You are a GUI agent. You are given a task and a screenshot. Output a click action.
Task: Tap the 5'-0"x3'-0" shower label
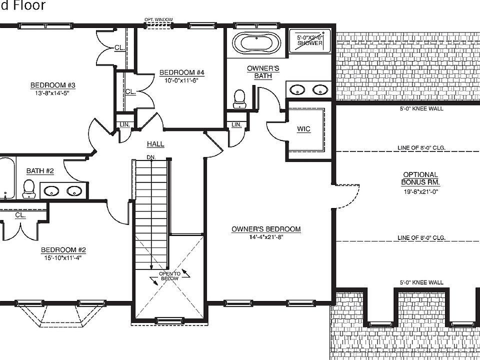tap(310, 40)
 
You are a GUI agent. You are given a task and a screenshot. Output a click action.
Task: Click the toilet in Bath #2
tap(28, 188)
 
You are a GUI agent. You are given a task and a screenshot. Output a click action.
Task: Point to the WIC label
tap(303, 129)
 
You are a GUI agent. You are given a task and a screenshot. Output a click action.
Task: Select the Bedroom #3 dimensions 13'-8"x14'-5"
tap(48, 92)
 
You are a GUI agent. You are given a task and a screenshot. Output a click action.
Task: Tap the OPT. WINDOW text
tap(158, 20)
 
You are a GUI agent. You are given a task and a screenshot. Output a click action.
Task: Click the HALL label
tap(155, 144)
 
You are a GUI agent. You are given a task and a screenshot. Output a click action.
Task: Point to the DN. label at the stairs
tap(151, 157)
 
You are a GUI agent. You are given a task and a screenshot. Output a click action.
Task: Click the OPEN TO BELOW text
tap(168, 276)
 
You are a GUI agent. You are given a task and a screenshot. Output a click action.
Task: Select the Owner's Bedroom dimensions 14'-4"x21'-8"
tap(266, 237)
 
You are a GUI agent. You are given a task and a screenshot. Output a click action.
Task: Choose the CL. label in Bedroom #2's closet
tap(20, 215)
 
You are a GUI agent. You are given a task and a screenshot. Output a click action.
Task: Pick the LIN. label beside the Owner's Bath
tap(236, 124)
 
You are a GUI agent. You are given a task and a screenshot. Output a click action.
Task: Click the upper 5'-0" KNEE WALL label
tap(421, 108)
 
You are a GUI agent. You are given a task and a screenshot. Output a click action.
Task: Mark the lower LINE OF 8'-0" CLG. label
tap(421, 238)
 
